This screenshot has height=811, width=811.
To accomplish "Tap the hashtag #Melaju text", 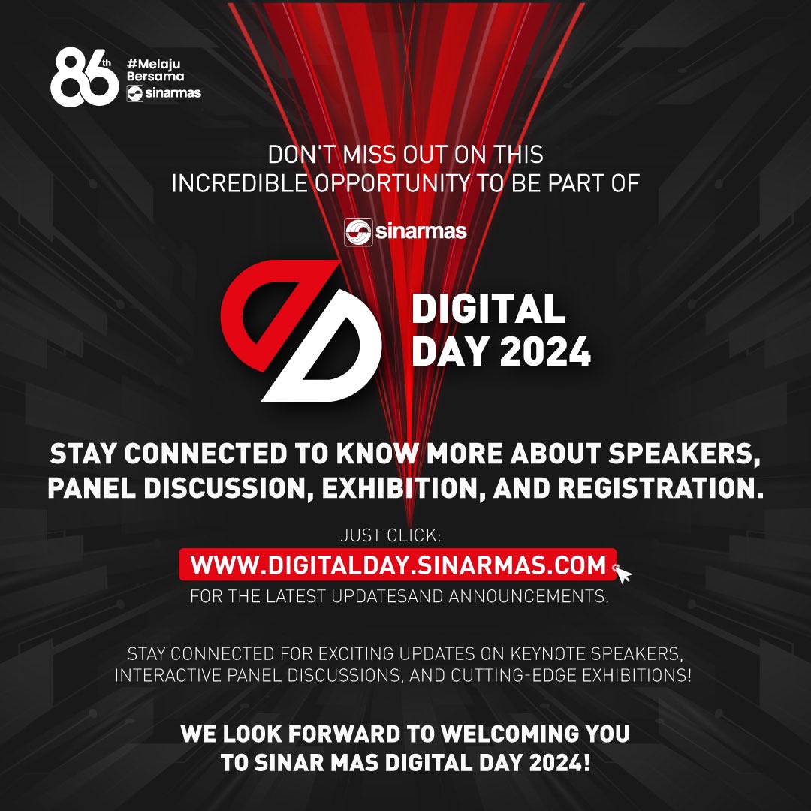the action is click(x=154, y=64).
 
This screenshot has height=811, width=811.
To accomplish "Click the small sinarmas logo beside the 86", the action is click(x=164, y=93).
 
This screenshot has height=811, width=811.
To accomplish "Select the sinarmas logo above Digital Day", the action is click(x=405, y=231).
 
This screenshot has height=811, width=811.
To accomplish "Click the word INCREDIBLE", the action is click(x=240, y=184).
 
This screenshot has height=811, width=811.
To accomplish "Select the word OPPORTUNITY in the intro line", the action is click(x=393, y=184).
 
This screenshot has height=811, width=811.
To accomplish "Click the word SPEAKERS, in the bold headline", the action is click(x=684, y=454).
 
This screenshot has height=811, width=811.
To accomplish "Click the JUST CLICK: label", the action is click(x=391, y=535).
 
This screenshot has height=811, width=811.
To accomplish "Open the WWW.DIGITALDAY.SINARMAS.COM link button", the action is click(x=398, y=565).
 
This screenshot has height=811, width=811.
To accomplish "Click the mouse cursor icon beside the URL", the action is click(x=623, y=573).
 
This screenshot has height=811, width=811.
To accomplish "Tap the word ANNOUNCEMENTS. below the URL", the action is click(x=528, y=596).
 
